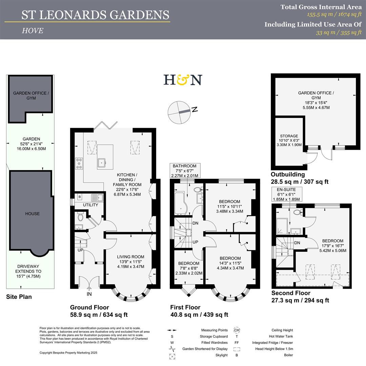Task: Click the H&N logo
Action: pyautogui.click(x=183, y=80)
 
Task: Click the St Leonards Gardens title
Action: pyautogui.click(x=95, y=15)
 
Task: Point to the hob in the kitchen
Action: pyautogui.click(x=79, y=164)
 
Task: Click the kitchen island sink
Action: pyautogui.click(x=102, y=164)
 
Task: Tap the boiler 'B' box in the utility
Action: pyautogui.click(x=80, y=197)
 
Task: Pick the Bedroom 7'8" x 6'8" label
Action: pyautogui.click(x=189, y=268)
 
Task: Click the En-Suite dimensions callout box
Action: pyautogui.click(x=287, y=195)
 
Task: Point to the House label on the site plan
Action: pyautogui.click(x=32, y=213)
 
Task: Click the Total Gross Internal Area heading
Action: pyautogui.click(x=321, y=7)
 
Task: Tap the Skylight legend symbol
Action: pyautogui.click(x=171, y=355)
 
